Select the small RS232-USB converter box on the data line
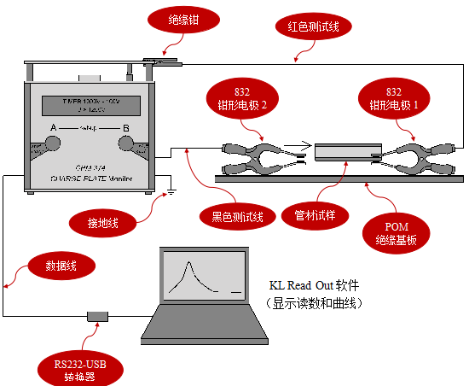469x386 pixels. coord(98,318)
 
